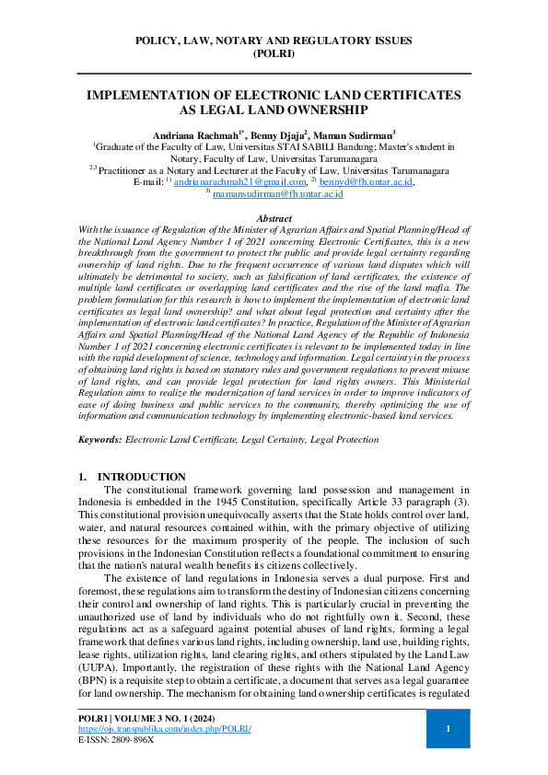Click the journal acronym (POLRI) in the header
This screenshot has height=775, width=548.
(x=274, y=54)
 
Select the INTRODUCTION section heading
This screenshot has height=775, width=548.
(x=141, y=477)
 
